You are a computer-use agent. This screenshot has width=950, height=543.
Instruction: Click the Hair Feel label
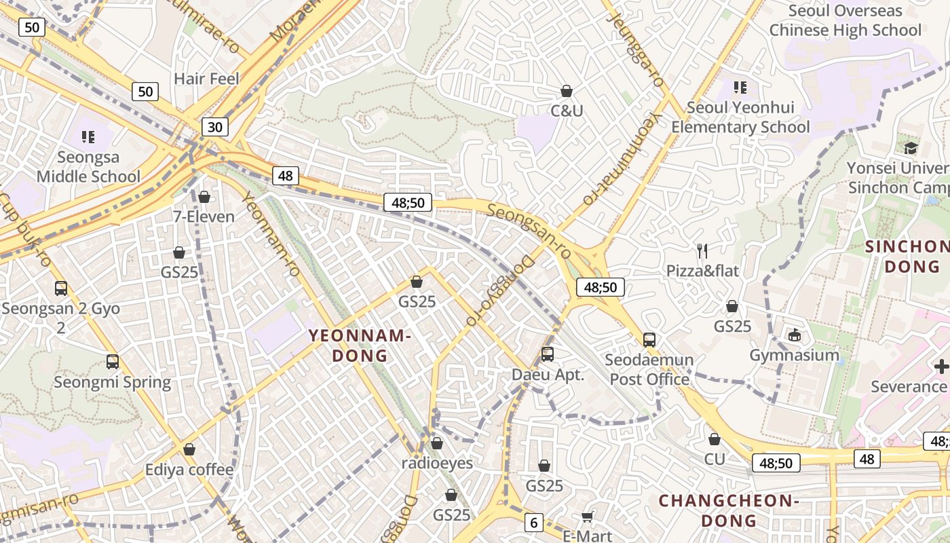coord(206,79)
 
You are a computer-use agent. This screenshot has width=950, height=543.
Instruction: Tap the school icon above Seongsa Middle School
coord(88,138)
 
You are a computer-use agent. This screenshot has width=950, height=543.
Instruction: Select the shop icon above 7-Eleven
coord(204,197)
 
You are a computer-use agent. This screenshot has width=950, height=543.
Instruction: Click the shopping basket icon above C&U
coord(567,91)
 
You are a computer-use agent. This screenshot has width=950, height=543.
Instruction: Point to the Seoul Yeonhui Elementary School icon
coord(740,88)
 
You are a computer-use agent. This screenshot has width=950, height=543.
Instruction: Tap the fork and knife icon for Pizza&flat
coord(702,251)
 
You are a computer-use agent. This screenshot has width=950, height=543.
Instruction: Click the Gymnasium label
coord(794,355)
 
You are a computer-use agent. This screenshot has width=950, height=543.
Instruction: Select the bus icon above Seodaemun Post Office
coord(649,339)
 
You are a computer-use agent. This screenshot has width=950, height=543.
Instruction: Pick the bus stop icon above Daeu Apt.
coord(548,354)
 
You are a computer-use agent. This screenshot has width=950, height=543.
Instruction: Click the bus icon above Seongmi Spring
coord(113,361)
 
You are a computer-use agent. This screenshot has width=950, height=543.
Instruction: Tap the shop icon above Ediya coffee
coord(189,449)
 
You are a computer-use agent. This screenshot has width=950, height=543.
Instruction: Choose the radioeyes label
coord(437,464)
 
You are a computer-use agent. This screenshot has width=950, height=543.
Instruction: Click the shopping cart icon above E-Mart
coord(588,517)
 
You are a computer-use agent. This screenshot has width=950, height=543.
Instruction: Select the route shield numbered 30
coord(214,127)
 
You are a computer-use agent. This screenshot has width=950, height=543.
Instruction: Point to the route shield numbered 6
coord(534,523)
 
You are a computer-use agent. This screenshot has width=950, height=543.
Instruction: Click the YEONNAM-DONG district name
coord(360,345)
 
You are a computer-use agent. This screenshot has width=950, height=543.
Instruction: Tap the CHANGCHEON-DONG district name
coord(729,510)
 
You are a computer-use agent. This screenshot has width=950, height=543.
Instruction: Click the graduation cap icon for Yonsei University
coord(910,147)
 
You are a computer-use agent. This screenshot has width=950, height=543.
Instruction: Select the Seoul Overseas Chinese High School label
coord(845,20)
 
